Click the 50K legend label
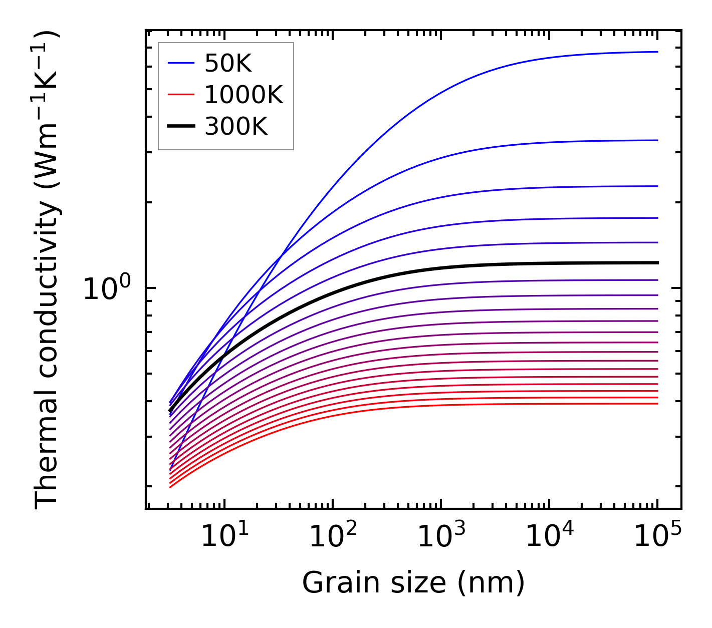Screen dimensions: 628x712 [228, 64]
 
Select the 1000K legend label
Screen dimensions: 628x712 [244, 95]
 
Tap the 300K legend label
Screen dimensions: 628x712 [236, 126]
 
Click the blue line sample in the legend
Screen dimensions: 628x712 [180, 63]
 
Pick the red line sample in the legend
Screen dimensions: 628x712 [180, 95]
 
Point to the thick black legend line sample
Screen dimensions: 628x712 [180, 126]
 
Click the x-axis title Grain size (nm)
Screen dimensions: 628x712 [413, 583]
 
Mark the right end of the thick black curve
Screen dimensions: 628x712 [657, 262]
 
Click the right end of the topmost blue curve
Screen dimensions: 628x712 [657, 52]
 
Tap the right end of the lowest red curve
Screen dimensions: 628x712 [657, 404]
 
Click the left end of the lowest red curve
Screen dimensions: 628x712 [170, 487]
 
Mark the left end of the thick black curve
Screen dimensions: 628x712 [170, 411]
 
